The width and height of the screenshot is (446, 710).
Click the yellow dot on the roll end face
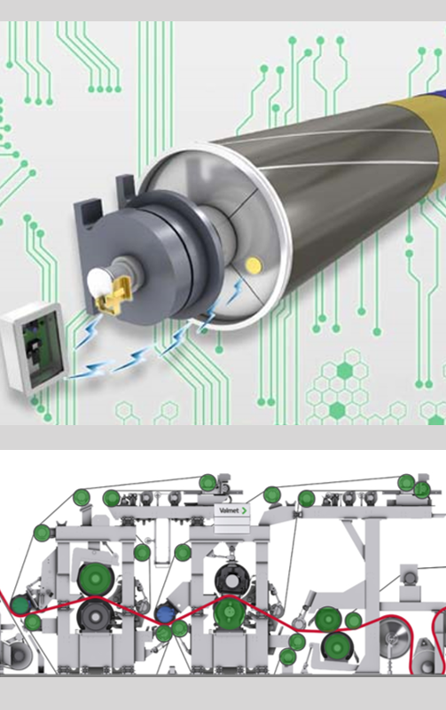[x=253, y=264]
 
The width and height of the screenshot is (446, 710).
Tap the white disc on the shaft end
[x=100, y=280]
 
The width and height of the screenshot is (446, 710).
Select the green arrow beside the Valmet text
[x=244, y=510]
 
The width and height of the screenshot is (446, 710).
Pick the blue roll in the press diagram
[x=165, y=614]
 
